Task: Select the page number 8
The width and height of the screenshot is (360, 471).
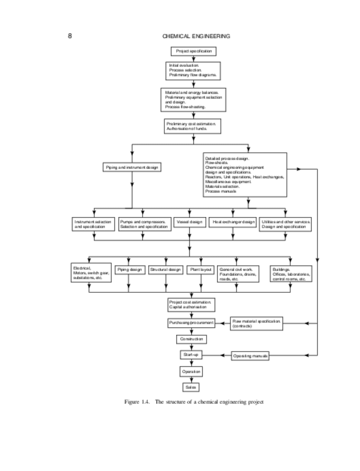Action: click(x=70, y=36)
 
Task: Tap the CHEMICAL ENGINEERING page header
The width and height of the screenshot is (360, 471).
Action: click(x=196, y=36)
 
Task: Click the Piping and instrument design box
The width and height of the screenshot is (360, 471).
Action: click(x=132, y=167)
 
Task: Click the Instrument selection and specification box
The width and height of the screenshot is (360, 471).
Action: click(x=93, y=224)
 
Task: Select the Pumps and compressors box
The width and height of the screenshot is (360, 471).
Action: click(x=144, y=224)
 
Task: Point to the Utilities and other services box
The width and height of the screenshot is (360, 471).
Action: click(x=286, y=224)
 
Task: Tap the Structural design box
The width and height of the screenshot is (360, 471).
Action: click(x=166, y=269)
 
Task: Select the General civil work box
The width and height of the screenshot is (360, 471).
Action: click(x=238, y=274)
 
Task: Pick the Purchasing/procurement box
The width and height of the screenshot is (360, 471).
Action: click(x=191, y=323)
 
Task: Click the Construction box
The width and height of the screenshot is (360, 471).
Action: click(x=192, y=339)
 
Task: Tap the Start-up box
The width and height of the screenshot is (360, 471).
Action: click(x=191, y=354)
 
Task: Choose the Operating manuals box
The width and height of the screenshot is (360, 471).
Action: click(x=251, y=355)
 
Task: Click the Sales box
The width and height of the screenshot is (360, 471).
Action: click(x=191, y=387)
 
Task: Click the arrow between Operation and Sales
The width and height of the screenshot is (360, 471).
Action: click(x=191, y=379)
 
